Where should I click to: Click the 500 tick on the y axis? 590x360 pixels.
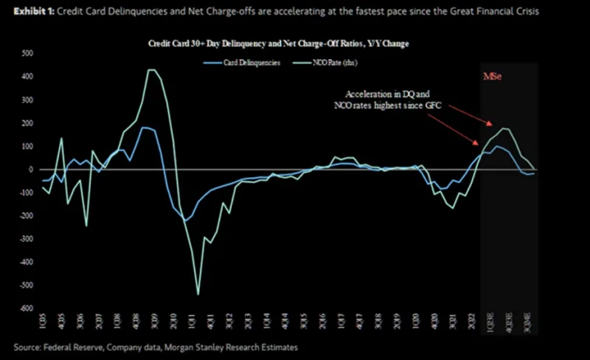tap(27, 54)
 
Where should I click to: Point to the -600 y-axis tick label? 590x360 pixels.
tap(26, 308)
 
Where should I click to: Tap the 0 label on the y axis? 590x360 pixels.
tap(31, 170)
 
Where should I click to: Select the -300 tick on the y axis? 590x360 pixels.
tap(26, 239)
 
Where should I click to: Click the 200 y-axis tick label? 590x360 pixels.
tap(27, 123)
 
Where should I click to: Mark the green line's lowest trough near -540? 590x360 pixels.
tap(198, 294)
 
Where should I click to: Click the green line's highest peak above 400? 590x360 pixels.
tap(151, 70)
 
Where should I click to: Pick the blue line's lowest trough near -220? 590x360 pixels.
tap(185, 221)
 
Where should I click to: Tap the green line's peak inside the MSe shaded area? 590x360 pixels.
tap(504, 128)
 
